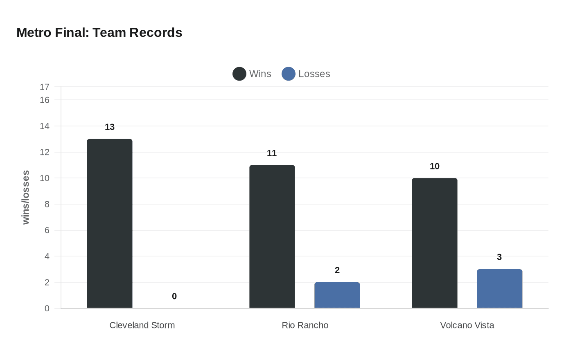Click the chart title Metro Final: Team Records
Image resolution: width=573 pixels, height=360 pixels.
point(99,32)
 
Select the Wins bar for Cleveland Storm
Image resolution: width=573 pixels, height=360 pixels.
point(110,223)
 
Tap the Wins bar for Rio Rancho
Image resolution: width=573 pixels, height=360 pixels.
point(272,236)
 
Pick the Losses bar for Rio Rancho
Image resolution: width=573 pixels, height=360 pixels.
point(337,295)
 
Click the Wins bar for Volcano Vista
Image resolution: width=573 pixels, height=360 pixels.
point(435,243)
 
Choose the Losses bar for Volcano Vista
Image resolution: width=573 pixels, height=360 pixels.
point(500,288)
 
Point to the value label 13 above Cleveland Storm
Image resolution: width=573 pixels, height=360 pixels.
point(110,127)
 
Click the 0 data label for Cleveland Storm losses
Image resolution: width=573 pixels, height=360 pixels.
point(174,296)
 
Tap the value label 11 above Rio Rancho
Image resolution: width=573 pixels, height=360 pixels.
point(272,153)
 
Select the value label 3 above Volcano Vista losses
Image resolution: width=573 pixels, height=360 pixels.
point(499,257)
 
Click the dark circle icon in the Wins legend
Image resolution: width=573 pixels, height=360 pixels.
point(239,74)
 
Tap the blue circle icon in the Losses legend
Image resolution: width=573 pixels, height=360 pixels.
point(289,74)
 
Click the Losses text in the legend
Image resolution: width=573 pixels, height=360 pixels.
point(314,74)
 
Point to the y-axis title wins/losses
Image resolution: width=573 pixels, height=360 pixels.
point(26,197)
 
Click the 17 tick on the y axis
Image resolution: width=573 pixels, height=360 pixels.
point(45,87)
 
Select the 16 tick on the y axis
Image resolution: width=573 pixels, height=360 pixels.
point(45,100)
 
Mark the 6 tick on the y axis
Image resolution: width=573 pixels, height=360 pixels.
point(47,230)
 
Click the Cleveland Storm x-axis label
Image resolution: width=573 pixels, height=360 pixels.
point(142,325)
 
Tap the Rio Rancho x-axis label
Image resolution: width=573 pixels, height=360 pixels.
point(305,325)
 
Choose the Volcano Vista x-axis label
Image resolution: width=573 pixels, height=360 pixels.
point(467,325)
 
